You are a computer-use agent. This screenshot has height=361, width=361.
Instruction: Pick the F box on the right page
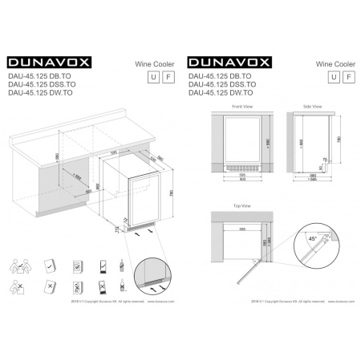[347, 76]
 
